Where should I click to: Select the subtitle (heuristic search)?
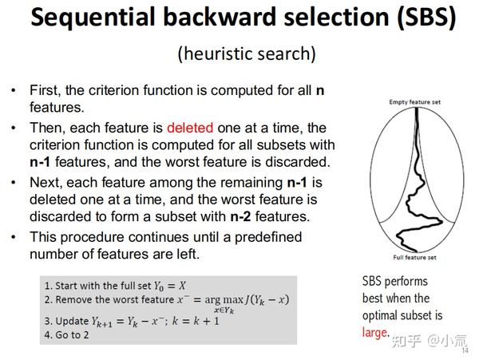[x=246, y=54]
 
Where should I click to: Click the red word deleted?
[x=192, y=129]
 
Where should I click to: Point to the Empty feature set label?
[x=414, y=103]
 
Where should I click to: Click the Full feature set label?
[x=414, y=258]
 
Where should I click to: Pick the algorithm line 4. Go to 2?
[x=67, y=335]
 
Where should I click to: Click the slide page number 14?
[x=465, y=348]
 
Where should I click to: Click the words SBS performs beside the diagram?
[x=395, y=281]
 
